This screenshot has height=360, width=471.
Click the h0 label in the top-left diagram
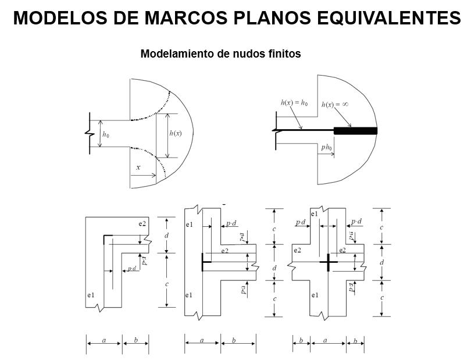[106, 134]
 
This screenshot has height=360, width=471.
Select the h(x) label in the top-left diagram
[175, 133]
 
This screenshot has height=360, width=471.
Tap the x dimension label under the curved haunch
[138, 167]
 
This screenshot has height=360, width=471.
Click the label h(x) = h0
[294, 103]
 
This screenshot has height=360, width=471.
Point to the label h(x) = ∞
[334, 105]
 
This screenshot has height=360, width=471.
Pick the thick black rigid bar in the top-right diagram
[355, 130]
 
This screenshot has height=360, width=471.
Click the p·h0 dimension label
[326, 148]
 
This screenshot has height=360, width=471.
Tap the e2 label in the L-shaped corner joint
[142, 223]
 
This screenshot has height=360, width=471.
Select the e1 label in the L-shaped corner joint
[91, 295]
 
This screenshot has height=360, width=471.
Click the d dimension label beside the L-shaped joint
[166, 236]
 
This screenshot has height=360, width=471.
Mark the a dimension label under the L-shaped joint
[104, 340]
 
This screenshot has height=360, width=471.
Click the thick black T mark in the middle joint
[203, 262]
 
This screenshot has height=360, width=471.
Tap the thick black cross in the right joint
[329, 262]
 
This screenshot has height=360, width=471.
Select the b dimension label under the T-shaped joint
[233, 340]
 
